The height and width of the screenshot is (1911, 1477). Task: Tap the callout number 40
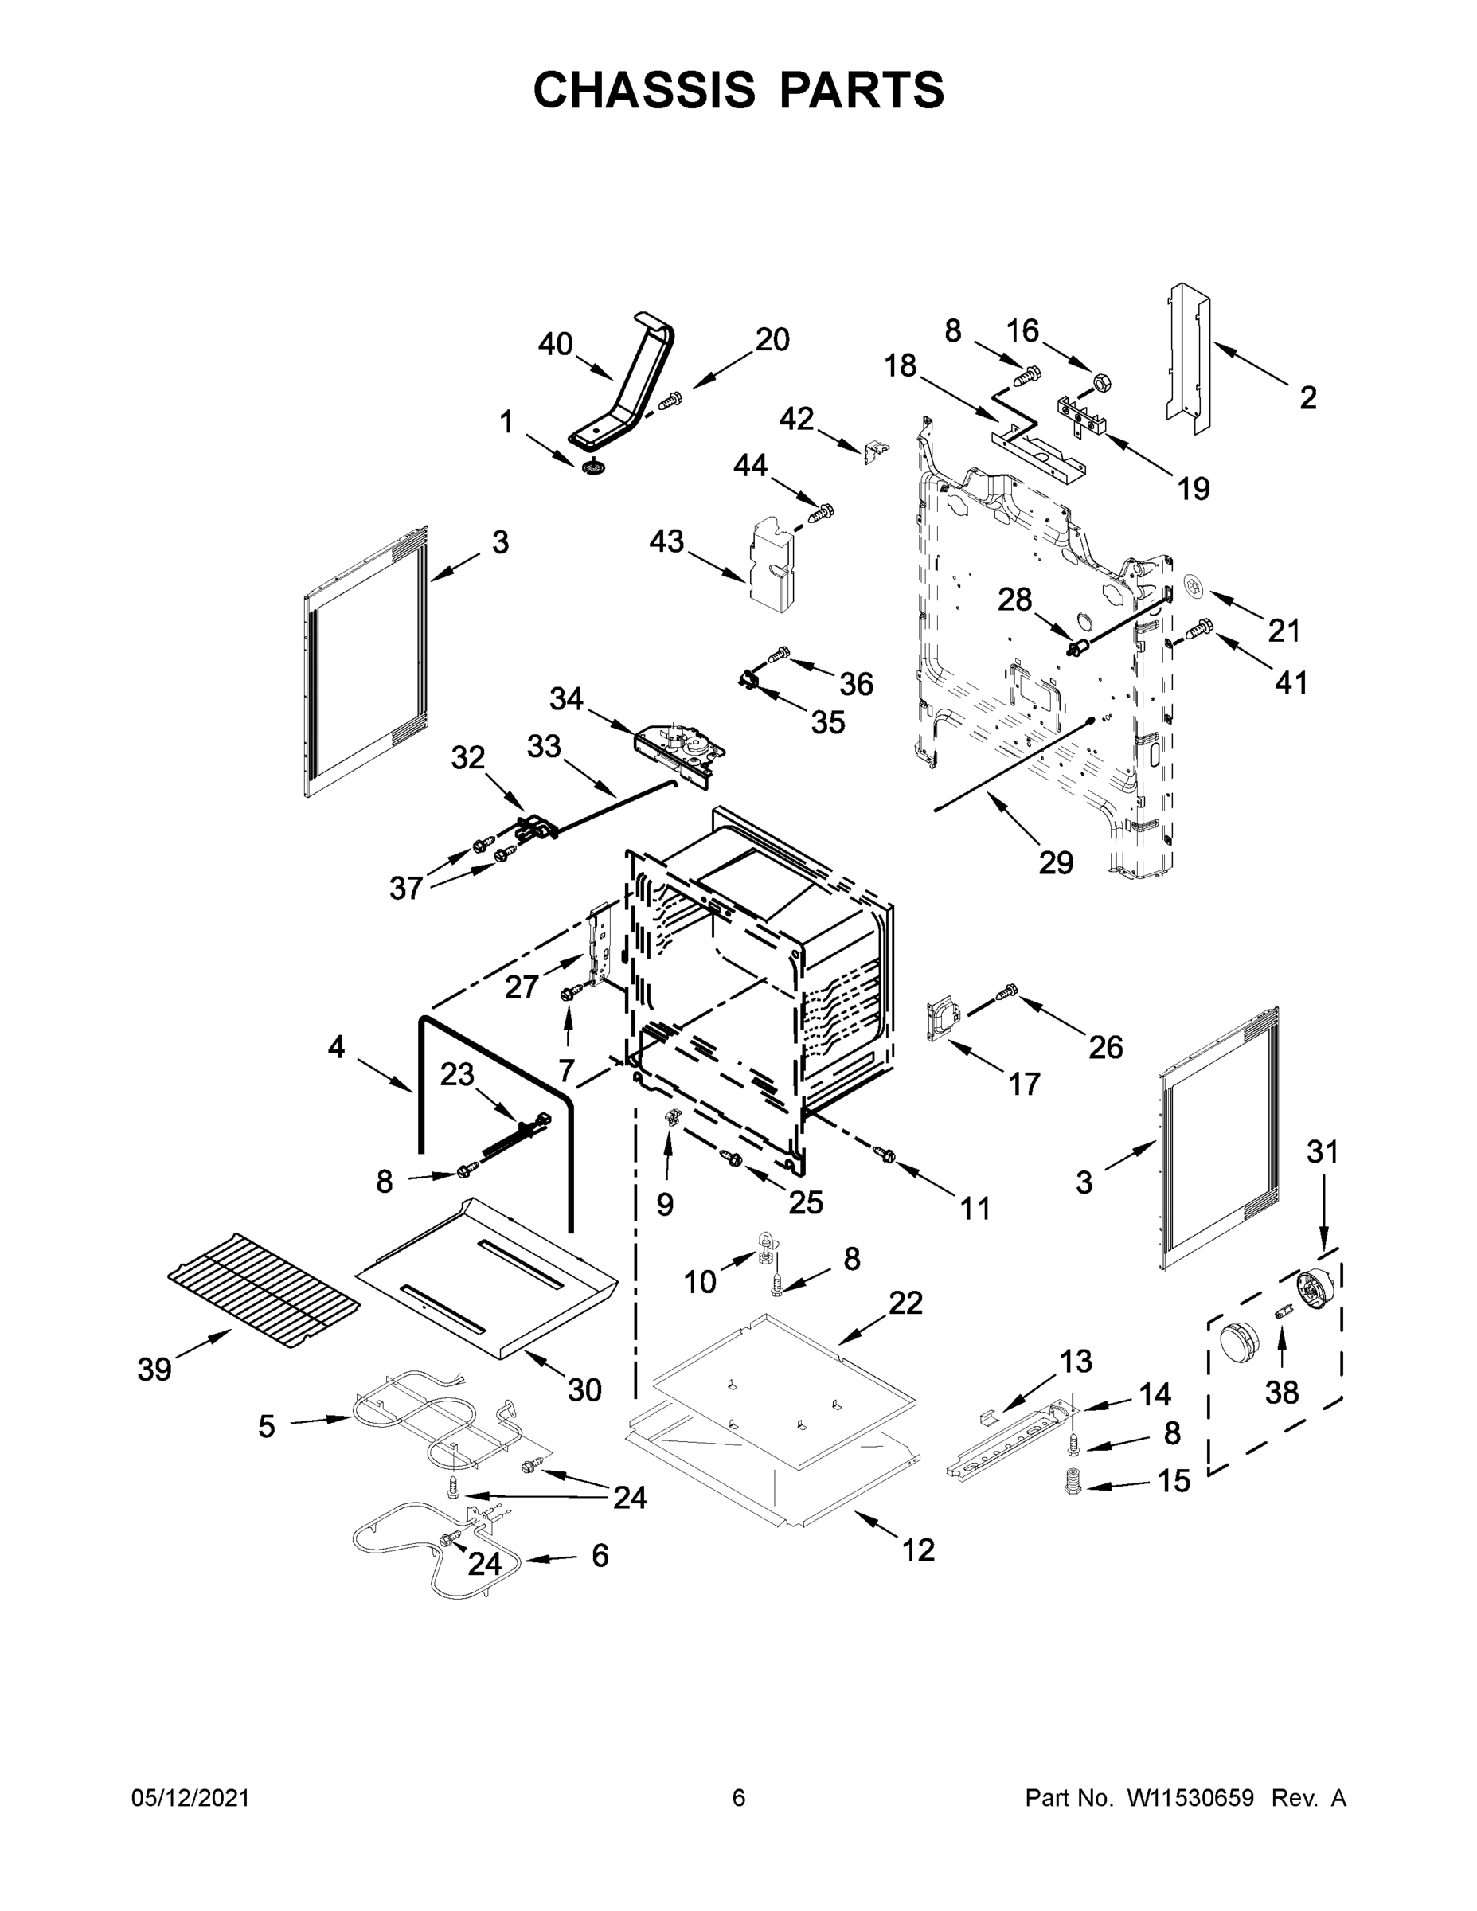coord(555,345)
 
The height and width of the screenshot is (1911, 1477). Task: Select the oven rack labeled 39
coord(264,1294)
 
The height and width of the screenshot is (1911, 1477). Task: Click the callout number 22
coord(905,1327)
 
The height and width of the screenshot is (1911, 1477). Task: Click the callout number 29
coord(1055,863)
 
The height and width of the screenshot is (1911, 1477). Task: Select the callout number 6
coord(600,1556)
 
